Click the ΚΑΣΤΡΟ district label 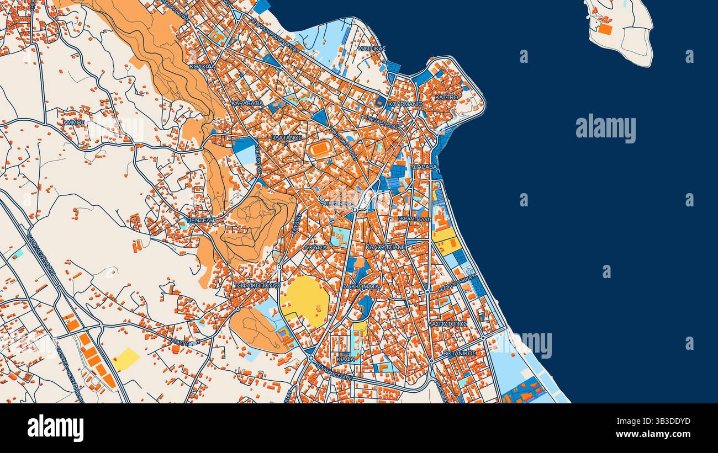446,97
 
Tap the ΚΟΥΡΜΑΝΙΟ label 405,104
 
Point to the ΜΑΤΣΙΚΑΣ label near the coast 371,49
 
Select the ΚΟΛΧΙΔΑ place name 202,66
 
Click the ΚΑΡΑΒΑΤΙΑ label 247,103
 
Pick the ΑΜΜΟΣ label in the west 73,122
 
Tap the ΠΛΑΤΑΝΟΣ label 287,137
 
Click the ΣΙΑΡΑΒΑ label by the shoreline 424,166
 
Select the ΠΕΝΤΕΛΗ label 200,220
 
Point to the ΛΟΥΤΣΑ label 315,248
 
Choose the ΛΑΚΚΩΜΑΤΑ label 361,287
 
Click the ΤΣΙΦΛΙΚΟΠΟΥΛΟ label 257,285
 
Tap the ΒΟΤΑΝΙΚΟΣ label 459,353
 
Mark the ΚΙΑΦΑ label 345,359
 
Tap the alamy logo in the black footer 55,428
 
